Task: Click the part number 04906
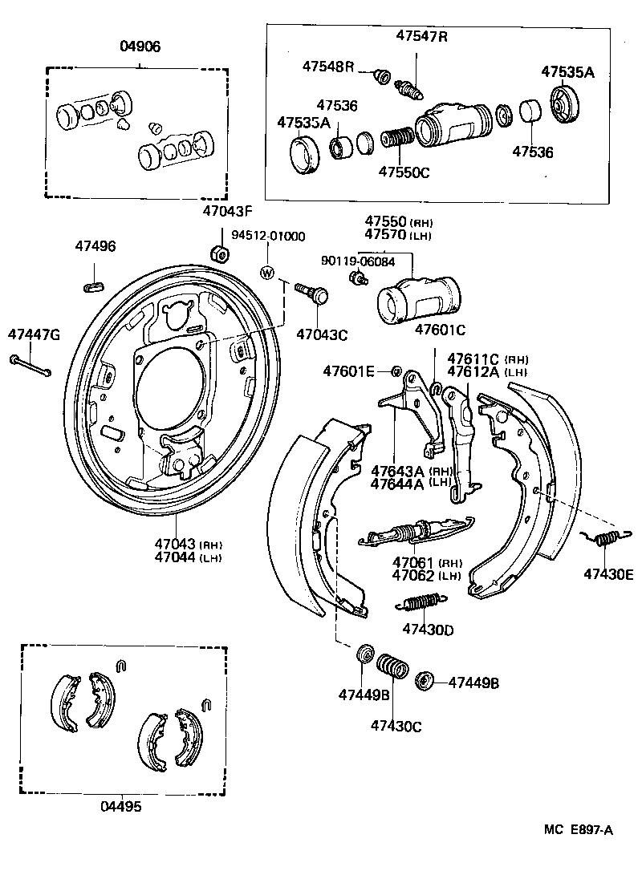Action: tap(140, 47)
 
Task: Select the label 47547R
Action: tap(421, 35)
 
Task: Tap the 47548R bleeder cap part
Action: tap(384, 77)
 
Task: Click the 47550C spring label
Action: tap(404, 171)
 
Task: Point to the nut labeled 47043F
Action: tap(219, 254)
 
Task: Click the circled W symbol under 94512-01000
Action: tap(267, 273)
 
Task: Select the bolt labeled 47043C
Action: tap(313, 292)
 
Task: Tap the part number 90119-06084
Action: tap(356, 261)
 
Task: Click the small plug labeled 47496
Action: tap(95, 283)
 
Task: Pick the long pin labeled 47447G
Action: tap(31, 366)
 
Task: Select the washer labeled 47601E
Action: tap(396, 371)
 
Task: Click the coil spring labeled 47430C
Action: tap(392, 666)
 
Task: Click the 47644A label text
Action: tap(400, 483)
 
